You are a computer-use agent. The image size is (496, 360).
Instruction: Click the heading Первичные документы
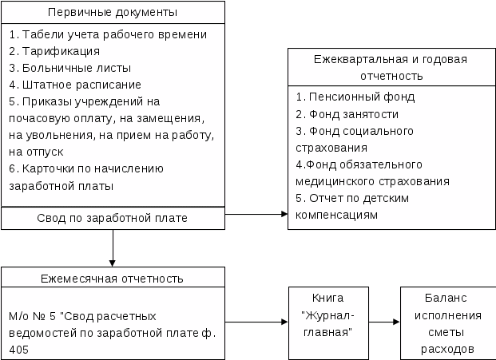coord(112,14)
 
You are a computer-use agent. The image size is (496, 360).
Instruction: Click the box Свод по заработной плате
coord(112,218)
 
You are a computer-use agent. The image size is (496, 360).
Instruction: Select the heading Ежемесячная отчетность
coord(112,279)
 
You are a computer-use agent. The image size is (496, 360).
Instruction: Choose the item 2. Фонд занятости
coord(347,114)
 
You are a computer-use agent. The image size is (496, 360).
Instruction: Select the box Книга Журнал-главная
coord(327,323)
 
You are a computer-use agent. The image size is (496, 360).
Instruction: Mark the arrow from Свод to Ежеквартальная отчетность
coord(256,214)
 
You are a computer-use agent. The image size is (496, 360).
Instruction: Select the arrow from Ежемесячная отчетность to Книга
coord(256,322)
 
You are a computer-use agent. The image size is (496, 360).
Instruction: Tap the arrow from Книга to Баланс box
coord(384,322)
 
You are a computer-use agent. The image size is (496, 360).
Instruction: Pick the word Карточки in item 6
coord(47,168)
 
